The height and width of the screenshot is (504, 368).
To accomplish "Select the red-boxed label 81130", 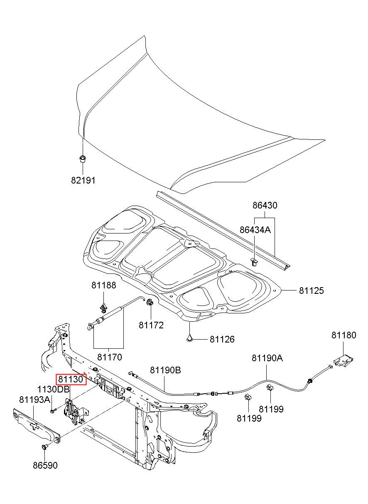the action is coord(71,379).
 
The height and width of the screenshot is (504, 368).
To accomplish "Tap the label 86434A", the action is coord(255,230).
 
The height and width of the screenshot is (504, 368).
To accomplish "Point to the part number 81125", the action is coord(311,290).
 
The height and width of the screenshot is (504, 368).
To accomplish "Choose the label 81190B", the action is coord(165,370).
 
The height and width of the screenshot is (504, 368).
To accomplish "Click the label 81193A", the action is coord(34,400).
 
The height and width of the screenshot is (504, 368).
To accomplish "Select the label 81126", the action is coord(222,339).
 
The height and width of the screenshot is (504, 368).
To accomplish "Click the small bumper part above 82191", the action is coord(83,159).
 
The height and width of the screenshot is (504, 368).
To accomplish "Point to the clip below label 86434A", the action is coord(254,262).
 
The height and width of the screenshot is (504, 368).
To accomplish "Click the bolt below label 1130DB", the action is coord(53,411).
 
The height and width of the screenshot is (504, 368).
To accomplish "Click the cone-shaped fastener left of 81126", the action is coord(190,338).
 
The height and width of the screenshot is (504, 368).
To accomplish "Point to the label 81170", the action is coord(110,357).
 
